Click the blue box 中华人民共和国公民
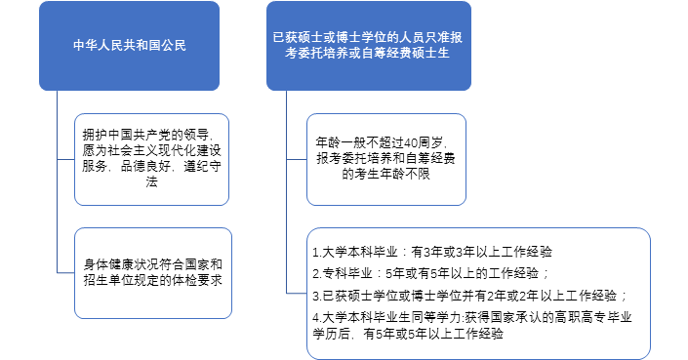[x=129, y=45]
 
